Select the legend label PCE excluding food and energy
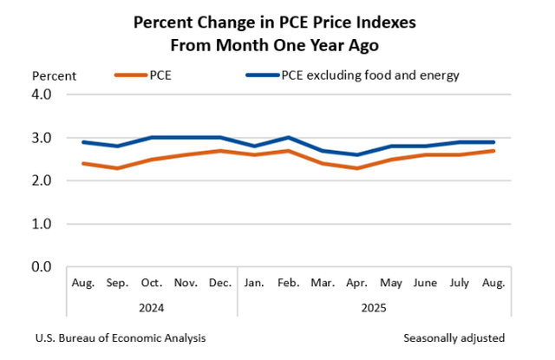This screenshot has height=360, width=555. [369, 75]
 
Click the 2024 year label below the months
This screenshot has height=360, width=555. [152, 307]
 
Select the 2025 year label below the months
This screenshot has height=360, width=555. [374, 307]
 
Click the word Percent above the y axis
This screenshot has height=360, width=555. [55, 75]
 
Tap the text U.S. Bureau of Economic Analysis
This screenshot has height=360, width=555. [121, 337]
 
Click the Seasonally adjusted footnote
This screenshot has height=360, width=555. [454, 337]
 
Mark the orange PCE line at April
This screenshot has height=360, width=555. [356, 167]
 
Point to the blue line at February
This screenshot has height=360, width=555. [289, 138]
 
